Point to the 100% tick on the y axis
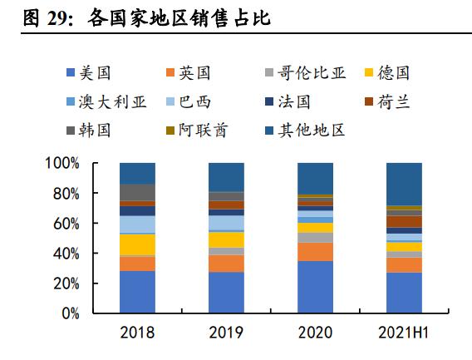(x=62, y=164)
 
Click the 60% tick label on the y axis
(x=66, y=224)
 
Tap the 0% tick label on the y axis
(x=69, y=314)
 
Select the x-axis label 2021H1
(x=402, y=333)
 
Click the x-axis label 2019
(x=226, y=333)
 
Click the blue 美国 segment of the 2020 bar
(x=314, y=287)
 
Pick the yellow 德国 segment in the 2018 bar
(x=137, y=244)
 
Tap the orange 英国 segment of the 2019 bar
(x=226, y=264)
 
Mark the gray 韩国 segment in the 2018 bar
(x=137, y=192)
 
